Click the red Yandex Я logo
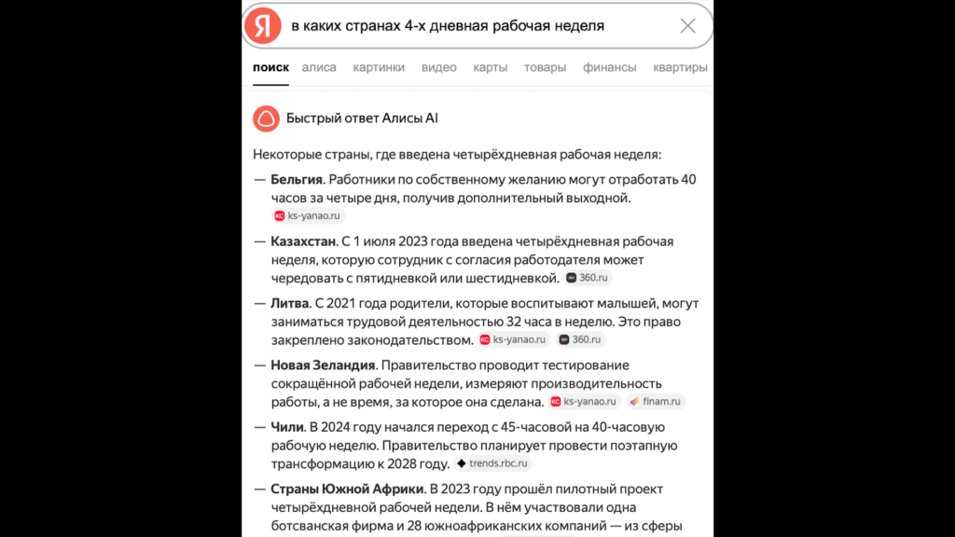click(x=263, y=26)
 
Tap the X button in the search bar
click(x=687, y=26)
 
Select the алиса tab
click(x=319, y=67)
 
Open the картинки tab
click(x=379, y=67)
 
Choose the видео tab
click(x=438, y=67)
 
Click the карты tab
click(x=490, y=67)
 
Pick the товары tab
click(x=545, y=67)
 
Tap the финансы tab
click(x=610, y=67)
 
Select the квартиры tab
click(x=680, y=67)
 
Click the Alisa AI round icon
click(x=266, y=118)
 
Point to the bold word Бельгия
click(x=297, y=179)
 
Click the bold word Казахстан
click(x=302, y=241)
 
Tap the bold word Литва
click(x=289, y=304)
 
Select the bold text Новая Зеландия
click(x=323, y=365)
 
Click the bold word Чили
click(x=286, y=427)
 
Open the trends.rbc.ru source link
click(x=493, y=463)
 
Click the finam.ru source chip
click(x=657, y=402)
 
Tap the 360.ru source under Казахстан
click(x=588, y=278)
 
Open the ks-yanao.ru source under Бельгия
click(x=309, y=215)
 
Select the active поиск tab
click(x=270, y=67)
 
